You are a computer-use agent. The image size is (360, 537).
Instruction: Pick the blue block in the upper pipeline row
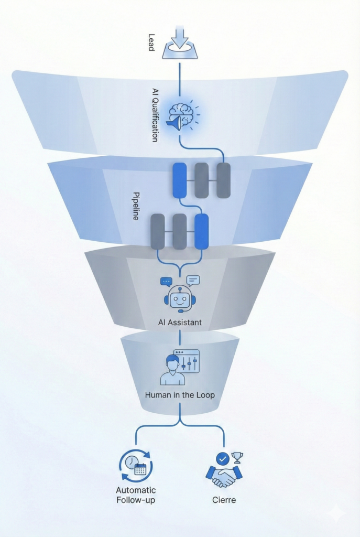[x=180, y=180]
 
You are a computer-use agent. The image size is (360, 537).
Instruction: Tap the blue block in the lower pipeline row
[x=201, y=231]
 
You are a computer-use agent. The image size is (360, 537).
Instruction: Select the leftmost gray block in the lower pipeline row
[x=157, y=231]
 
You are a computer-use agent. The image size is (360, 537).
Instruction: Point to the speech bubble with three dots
[x=167, y=282]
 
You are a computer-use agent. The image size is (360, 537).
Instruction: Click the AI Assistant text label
[x=180, y=323]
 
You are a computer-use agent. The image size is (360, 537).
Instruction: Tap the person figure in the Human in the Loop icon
[x=172, y=370]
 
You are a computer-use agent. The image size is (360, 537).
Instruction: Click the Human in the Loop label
[x=180, y=395]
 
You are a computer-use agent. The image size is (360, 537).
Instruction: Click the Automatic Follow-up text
[x=136, y=495]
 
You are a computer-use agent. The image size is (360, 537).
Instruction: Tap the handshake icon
[x=224, y=475]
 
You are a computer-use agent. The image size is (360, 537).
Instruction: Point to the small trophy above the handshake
[x=237, y=457]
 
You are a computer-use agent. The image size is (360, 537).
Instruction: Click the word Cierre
[x=224, y=500]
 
